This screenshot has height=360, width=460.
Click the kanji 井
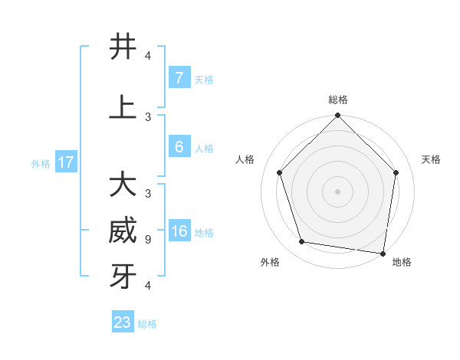point(123,47)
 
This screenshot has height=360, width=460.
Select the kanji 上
point(123,107)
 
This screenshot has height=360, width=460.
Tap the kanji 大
point(123,185)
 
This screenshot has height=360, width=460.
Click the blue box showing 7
point(179,78)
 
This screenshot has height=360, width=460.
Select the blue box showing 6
point(179,147)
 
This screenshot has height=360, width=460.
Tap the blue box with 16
point(179,231)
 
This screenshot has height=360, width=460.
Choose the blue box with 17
point(66,162)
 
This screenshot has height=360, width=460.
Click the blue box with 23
point(123,322)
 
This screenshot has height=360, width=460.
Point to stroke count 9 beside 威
point(148,240)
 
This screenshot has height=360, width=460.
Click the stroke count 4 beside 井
point(148,56)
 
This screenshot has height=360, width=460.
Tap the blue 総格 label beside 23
point(147,324)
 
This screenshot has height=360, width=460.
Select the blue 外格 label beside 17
point(41,163)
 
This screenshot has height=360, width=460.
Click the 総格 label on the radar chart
point(338,100)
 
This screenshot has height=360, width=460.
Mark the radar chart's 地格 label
point(402,262)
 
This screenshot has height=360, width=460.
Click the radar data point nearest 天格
point(396,172)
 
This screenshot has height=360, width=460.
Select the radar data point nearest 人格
point(280,172)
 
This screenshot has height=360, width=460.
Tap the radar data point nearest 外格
point(302,242)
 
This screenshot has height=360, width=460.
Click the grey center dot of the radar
point(338,191)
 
